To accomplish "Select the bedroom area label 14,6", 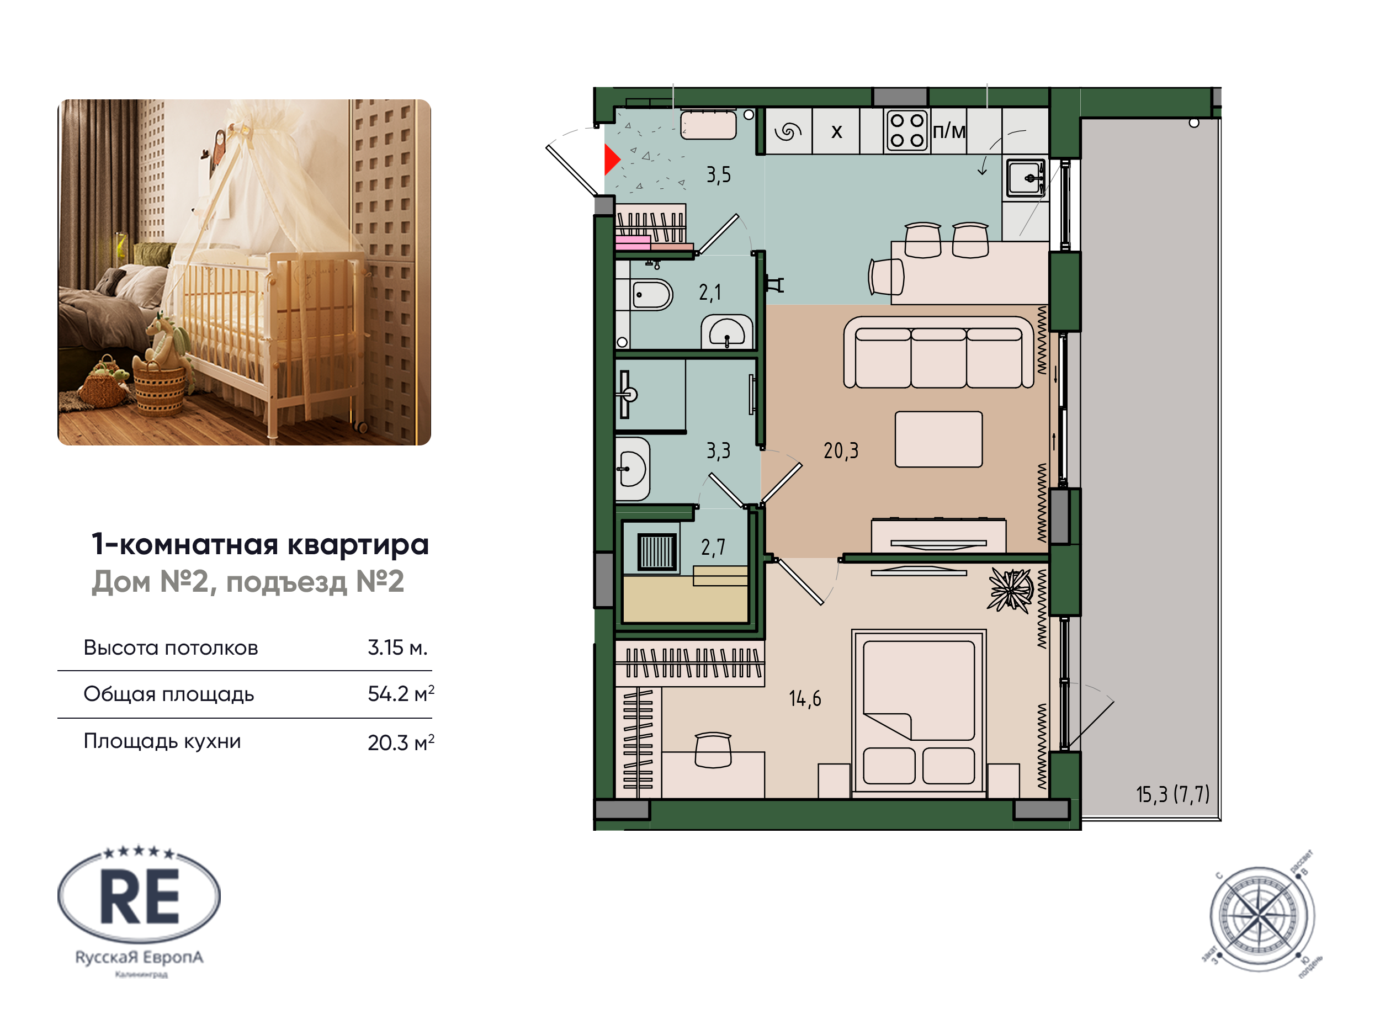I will [x=804, y=698].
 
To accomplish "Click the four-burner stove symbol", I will [x=906, y=130].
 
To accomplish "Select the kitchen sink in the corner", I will [x=1025, y=178].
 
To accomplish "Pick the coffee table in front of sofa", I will [x=938, y=439].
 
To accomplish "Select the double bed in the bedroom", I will [x=919, y=713].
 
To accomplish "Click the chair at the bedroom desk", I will [x=713, y=750].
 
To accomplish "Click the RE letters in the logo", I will [x=140, y=898].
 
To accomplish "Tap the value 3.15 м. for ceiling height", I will [x=397, y=647].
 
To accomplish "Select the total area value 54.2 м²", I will [x=400, y=694].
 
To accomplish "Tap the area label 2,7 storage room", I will [x=713, y=548].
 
